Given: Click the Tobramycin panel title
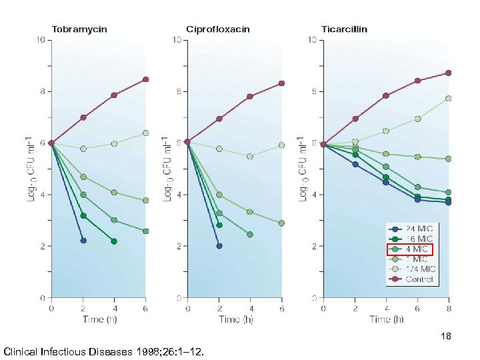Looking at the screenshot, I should [x=80, y=29].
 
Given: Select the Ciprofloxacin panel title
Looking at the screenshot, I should [x=218, y=29].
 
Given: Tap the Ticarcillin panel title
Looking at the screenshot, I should [x=344, y=29].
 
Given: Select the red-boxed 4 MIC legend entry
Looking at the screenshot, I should [x=410, y=250].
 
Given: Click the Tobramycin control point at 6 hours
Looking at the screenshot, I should [x=145, y=79].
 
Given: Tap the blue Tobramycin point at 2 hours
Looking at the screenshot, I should [x=83, y=240].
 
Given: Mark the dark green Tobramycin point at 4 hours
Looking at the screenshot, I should [x=114, y=241].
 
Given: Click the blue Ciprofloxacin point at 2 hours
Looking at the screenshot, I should [x=219, y=245].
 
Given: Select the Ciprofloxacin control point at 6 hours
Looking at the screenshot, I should [x=281, y=83].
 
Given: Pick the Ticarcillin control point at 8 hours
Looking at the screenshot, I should [x=449, y=73].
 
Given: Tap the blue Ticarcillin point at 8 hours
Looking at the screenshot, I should [x=449, y=202].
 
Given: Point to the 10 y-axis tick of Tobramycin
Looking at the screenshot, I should [x=41, y=40].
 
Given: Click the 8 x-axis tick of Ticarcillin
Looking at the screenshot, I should [x=449, y=309].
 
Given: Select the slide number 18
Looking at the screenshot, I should [x=446, y=337].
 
